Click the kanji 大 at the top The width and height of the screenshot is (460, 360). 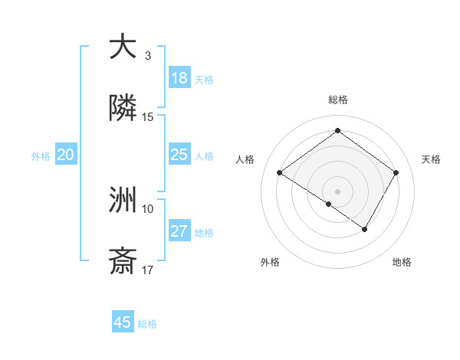click(x=123, y=47)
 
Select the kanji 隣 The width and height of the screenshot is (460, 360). click(x=123, y=109)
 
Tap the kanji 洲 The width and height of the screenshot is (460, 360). click(x=123, y=201)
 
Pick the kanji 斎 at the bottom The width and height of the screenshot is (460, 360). click(x=123, y=262)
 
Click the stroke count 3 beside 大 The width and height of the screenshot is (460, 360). click(x=148, y=56)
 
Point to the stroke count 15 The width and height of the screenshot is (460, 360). click(x=148, y=117)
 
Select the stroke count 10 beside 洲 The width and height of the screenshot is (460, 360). click(x=148, y=208)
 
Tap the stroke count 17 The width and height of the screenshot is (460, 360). click(x=148, y=270)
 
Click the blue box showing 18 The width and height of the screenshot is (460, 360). click(x=179, y=78)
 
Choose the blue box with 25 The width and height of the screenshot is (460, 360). click(x=179, y=155)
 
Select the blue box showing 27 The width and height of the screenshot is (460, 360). click(x=179, y=231)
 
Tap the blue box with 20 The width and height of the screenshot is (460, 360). click(x=66, y=155)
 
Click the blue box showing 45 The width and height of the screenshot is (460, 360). click(x=123, y=322)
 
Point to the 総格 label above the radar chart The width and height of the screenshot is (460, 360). click(x=338, y=100)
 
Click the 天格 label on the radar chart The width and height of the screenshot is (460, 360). click(x=431, y=159)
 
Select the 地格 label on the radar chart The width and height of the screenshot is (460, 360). click(x=402, y=262)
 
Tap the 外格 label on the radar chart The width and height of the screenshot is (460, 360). click(x=270, y=262)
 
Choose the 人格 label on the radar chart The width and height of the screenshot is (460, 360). click(x=245, y=159)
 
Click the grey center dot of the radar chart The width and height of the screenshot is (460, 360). click(x=338, y=190)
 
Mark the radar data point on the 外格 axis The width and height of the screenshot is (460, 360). click(x=329, y=204)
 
